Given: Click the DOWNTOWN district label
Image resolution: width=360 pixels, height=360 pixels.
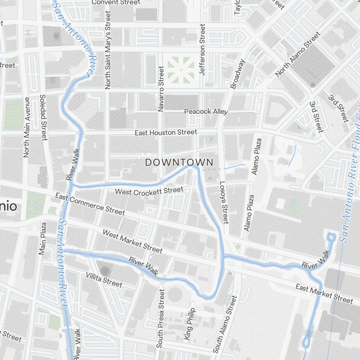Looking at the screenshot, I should click(x=179, y=162).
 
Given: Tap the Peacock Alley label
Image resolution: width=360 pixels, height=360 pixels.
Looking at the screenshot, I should click(x=206, y=112).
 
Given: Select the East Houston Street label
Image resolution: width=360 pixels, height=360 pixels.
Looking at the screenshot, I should click(x=166, y=132).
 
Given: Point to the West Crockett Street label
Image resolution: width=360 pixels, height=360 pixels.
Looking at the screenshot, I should click(x=149, y=191).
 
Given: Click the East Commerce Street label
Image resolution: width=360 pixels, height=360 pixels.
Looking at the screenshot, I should click(x=90, y=204).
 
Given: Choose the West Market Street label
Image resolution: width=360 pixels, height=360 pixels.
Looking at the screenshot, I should click(x=132, y=241).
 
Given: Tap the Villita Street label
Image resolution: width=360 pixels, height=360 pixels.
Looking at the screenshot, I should click(x=104, y=280).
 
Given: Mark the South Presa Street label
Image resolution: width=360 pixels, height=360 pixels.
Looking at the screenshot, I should click(x=161, y=318).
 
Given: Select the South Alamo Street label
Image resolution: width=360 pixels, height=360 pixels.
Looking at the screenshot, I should click(x=225, y=324).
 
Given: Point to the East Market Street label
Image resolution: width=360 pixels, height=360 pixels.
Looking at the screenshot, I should click(x=324, y=293).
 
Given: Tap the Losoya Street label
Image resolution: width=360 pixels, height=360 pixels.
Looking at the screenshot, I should click(x=224, y=202).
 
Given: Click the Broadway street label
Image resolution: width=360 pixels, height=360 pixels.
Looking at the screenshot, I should click(x=238, y=74).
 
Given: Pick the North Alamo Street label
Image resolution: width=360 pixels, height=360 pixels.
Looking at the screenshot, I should click(x=298, y=54).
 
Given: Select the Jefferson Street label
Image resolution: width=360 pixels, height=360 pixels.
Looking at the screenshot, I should click(x=202, y=49).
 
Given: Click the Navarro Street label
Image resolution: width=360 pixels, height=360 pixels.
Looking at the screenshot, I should click(x=161, y=88).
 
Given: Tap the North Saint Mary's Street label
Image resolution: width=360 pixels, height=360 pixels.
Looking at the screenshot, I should click(x=108, y=50).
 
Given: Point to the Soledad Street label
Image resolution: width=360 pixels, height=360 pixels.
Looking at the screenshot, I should click(x=43, y=117).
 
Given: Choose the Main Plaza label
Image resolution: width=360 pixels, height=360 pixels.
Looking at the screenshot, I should click(x=43, y=239).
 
